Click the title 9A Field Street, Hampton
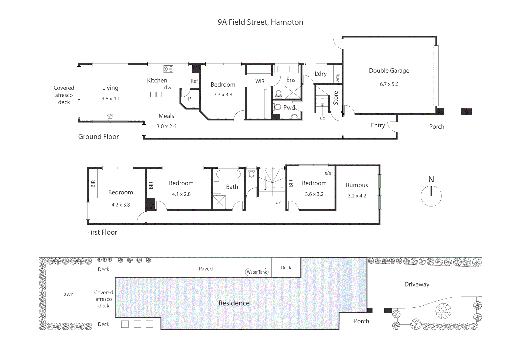(x=260, y=22)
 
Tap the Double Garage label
(x=389, y=71)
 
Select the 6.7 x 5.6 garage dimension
(x=389, y=84)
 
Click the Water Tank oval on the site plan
(x=257, y=272)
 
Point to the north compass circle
(x=431, y=196)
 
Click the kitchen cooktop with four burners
(x=168, y=69)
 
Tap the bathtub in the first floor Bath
(x=228, y=174)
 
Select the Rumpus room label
(x=357, y=185)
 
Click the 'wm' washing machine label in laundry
(x=338, y=78)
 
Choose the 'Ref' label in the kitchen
(x=194, y=81)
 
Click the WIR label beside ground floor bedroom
(x=260, y=81)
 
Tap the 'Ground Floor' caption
(x=98, y=137)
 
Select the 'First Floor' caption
(x=102, y=232)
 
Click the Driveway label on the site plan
(x=417, y=284)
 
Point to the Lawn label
(x=67, y=294)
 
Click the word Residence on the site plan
(x=234, y=303)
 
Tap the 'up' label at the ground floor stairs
(x=322, y=118)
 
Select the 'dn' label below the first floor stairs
(x=278, y=202)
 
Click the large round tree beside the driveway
(x=443, y=311)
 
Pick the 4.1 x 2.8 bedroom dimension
(x=181, y=194)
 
